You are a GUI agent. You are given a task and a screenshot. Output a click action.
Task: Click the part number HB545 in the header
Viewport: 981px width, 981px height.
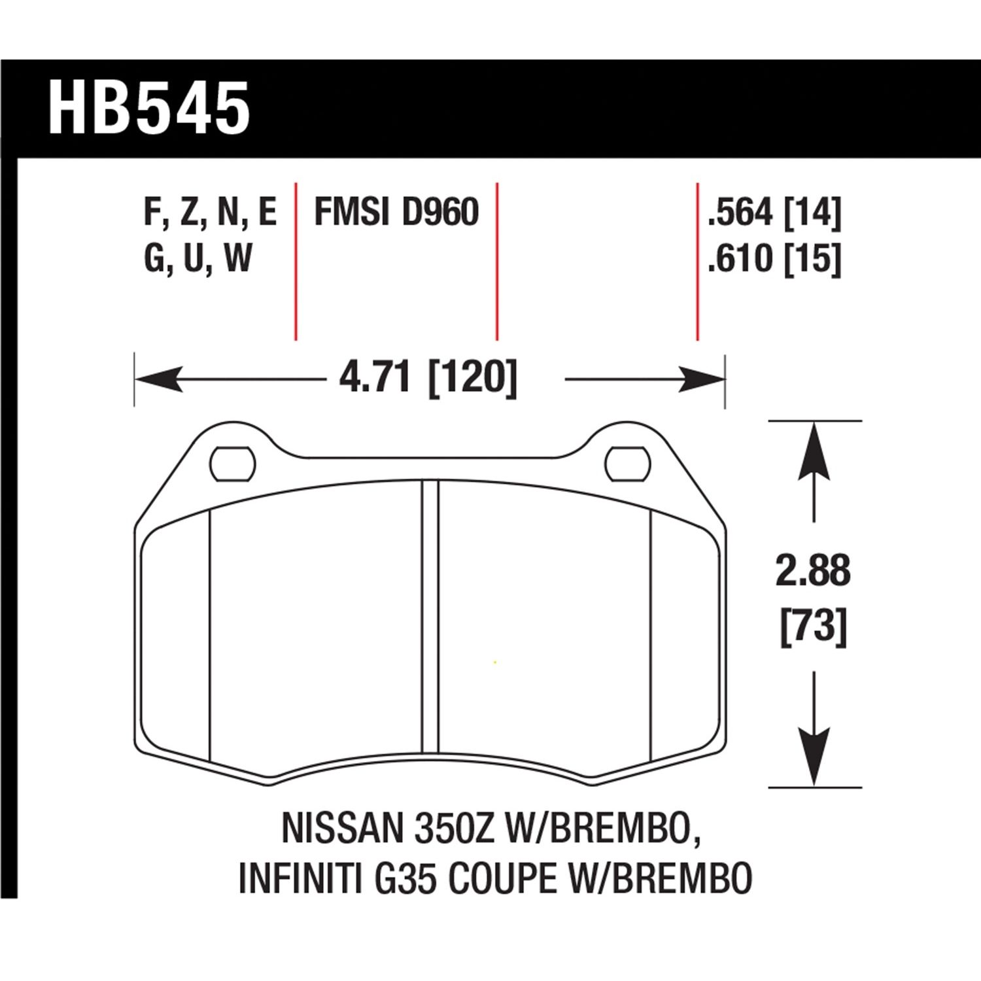coord(149,109)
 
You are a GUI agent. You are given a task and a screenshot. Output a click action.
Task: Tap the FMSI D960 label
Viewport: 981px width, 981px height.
coord(396,213)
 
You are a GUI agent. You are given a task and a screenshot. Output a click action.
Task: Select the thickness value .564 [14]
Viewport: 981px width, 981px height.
coord(774,213)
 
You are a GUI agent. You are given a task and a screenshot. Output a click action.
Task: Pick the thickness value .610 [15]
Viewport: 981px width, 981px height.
coord(774,259)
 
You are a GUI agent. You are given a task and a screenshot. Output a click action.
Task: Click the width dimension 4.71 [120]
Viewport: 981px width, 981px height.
coord(428,378)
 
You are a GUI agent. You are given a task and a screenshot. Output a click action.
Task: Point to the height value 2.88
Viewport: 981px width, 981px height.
coord(813,571)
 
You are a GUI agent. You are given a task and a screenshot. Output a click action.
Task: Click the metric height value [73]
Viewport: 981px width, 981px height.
coord(813,627)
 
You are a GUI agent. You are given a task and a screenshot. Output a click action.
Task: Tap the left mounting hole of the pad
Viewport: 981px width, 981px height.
coord(232,464)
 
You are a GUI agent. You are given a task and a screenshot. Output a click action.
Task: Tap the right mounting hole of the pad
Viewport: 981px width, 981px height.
coord(628,464)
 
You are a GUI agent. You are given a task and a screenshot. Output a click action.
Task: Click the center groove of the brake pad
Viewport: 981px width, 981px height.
coord(430,618)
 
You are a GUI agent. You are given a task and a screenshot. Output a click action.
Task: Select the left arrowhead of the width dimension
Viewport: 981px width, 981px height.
coord(157,379)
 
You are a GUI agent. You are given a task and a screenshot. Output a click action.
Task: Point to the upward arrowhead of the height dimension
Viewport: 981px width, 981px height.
coord(814,451)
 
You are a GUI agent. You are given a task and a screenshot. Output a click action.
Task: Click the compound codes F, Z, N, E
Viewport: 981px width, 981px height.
coord(210,213)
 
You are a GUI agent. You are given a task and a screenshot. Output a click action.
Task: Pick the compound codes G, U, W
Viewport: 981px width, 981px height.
coord(198,259)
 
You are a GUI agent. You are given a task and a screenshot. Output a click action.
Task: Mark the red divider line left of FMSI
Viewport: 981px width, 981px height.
coord(296,262)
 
